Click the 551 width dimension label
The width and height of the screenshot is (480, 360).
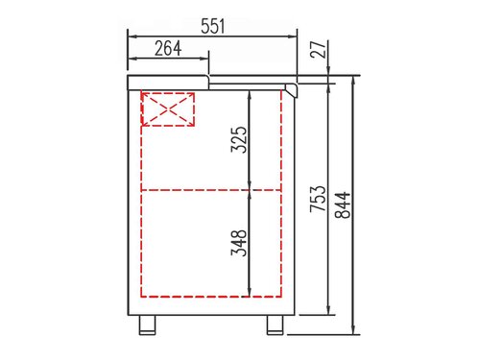212,26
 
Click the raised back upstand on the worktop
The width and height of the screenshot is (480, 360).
168,75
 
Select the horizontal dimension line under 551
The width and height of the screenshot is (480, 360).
212,38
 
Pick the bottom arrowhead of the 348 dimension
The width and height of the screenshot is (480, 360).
251,293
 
